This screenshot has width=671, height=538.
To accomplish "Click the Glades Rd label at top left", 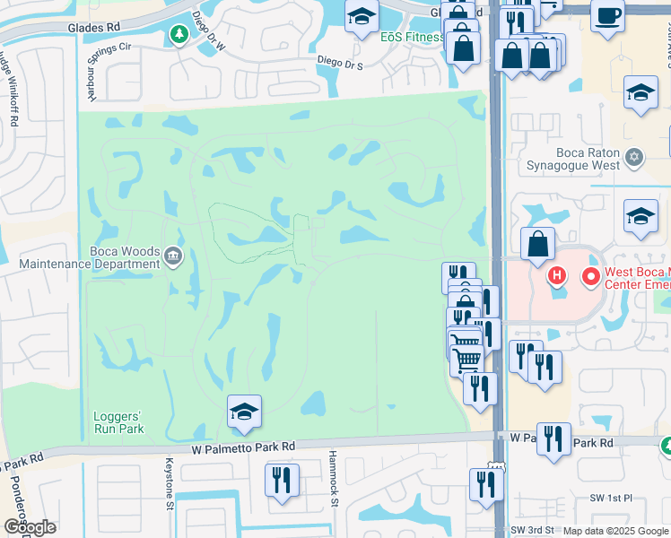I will (93, 28).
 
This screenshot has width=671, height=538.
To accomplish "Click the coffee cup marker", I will (607, 16).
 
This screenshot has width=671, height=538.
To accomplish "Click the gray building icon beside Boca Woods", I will (173, 258).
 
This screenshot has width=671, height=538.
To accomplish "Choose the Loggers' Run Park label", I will (118, 422).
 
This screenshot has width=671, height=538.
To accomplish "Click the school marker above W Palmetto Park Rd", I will (244, 412).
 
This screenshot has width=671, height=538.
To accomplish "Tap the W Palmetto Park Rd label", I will (243, 447).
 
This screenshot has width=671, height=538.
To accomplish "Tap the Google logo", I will (30, 527).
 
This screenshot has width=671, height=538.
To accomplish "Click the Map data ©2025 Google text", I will (615, 531).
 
